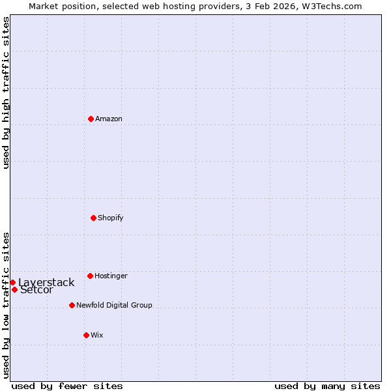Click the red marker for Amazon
tap(91, 119)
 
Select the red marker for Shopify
tap(93, 218)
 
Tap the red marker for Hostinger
tap(90, 276)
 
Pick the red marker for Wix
tap(86, 335)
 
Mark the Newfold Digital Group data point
tap(72, 305)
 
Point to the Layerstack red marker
tap(12, 282)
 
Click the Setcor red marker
tap(14, 289)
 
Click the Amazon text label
tap(109, 119)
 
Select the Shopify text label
tap(111, 218)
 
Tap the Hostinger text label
tap(111, 276)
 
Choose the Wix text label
tap(97, 335)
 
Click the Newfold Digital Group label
tap(114, 305)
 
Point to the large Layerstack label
tap(46, 282)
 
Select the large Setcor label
tap(37, 290)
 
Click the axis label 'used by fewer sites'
tap(67, 386)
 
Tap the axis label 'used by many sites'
tap(327, 386)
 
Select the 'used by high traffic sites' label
tap(6, 93)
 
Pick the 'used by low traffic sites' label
tap(6, 304)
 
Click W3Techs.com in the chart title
tap(331, 6)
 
